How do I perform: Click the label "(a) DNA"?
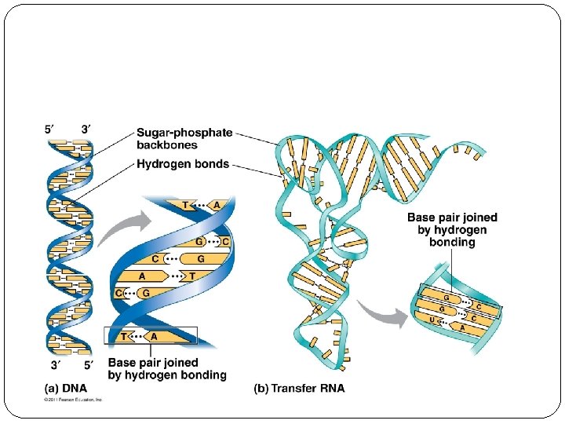pyautogui.click(x=65, y=388)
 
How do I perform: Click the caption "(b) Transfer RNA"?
pyautogui.click(x=299, y=388)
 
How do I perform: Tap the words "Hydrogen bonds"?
pyautogui.click(x=183, y=164)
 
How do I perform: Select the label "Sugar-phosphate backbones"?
pyautogui.click(x=184, y=138)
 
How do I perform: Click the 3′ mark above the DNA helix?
pyautogui.click(x=87, y=129)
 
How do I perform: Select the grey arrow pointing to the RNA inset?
pyautogui.click(x=384, y=316)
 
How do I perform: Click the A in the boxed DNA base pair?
pyautogui.click(x=154, y=336)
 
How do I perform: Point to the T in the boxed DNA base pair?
pyautogui.click(x=123, y=336)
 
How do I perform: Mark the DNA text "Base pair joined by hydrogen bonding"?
pyautogui.click(x=166, y=369)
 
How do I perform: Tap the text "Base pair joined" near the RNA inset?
pyautogui.click(x=451, y=218)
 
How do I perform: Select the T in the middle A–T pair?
pyautogui.click(x=191, y=276)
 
